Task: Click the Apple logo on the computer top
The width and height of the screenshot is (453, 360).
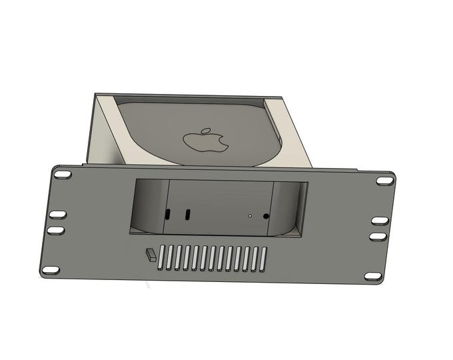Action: click(x=205, y=140)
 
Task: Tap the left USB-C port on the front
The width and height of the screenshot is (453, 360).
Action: click(x=167, y=215)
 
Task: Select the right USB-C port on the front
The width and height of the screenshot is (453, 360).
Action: click(x=188, y=215)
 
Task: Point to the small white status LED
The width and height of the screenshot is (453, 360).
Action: click(x=250, y=216)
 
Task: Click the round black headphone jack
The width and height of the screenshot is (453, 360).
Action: click(x=266, y=216)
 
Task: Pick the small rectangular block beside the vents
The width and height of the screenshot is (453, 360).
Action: click(x=151, y=254)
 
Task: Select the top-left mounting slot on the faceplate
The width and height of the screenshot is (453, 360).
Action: click(x=63, y=174)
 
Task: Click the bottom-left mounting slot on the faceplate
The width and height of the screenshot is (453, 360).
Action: click(x=50, y=270)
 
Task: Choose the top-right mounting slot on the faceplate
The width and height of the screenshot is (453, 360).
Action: click(x=384, y=181)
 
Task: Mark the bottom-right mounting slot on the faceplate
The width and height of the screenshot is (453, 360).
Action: click(x=373, y=276)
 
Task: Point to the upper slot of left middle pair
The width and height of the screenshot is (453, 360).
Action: click(x=57, y=215)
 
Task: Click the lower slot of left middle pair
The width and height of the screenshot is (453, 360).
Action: click(x=55, y=229)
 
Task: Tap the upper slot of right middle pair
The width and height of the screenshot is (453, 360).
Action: click(x=380, y=221)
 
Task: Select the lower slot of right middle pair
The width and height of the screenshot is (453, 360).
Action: click(x=378, y=236)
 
